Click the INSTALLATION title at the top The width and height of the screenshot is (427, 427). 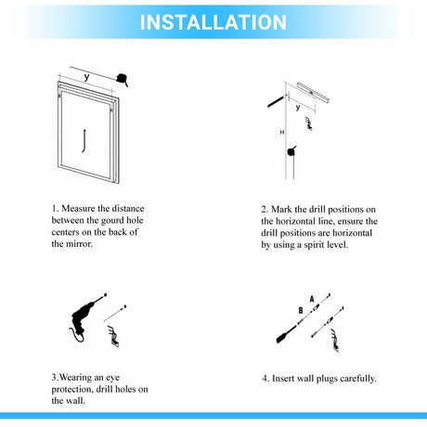(x=213, y=22)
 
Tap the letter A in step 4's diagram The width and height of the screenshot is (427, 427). (x=312, y=299)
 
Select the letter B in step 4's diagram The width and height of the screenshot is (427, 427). (x=301, y=310)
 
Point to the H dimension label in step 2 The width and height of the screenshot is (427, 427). (x=282, y=132)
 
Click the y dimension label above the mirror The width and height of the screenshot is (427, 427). (x=86, y=77)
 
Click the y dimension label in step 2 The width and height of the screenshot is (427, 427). (x=298, y=108)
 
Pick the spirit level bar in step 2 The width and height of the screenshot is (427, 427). (x=313, y=93)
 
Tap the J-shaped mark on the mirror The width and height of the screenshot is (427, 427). (x=84, y=141)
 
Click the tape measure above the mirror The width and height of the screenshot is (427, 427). (x=122, y=80)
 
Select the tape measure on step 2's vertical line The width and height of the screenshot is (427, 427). (x=291, y=151)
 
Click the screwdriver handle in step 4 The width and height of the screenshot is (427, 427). (x=283, y=335)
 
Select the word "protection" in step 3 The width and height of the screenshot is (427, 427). (x=72, y=390)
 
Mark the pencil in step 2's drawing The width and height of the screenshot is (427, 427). (x=277, y=101)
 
